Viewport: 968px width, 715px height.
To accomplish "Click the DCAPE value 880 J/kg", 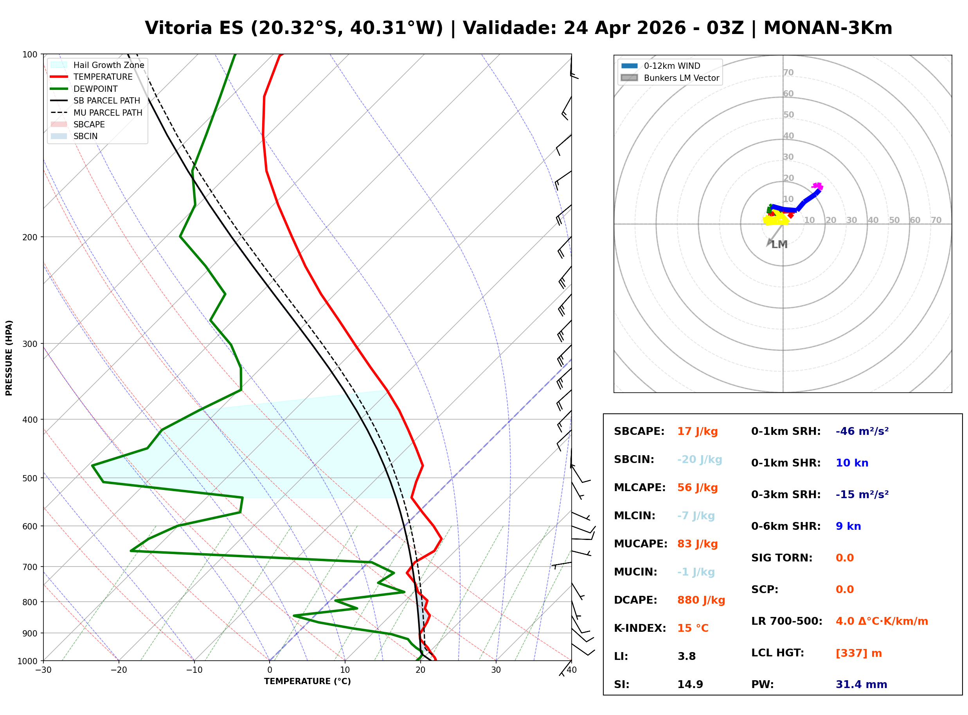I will click(x=701, y=600).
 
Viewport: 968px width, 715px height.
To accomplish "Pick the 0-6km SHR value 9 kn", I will click(x=848, y=526).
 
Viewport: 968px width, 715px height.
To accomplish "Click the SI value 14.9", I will click(x=690, y=685).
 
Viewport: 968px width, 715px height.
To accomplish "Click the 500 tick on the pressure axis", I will click(x=29, y=478).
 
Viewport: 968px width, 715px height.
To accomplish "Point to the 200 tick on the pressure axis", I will click(x=29, y=237).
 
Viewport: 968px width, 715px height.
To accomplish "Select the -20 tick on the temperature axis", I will click(x=118, y=670).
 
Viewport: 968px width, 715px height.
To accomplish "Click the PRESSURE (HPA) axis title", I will click(x=9, y=358).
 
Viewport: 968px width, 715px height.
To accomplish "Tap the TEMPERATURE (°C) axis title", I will click(x=307, y=682).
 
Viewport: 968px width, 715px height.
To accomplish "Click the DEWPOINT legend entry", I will click(x=95, y=89).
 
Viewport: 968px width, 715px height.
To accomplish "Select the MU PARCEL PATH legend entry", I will click(x=108, y=113).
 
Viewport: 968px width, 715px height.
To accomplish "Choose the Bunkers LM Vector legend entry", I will click(x=681, y=78).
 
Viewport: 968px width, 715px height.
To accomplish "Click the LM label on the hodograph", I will click(x=779, y=245).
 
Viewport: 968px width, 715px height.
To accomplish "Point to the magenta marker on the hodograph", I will click(x=817, y=186).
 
